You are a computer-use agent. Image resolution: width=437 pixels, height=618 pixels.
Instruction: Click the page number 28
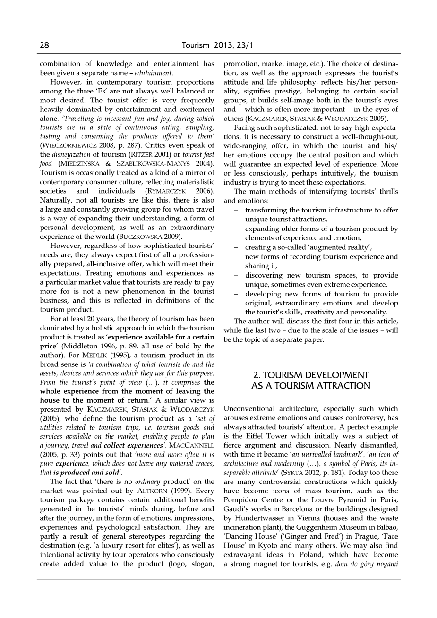pyautogui.click(x=44, y=45)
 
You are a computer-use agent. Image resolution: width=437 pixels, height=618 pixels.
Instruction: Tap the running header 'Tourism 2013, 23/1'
pyautogui.click(x=218, y=45)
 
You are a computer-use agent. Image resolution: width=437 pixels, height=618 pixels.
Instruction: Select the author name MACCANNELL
pyautogui.click(x=194, y=445)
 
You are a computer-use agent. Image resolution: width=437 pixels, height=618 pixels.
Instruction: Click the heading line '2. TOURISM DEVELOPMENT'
pyautogui.click(x=311, y=375)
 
